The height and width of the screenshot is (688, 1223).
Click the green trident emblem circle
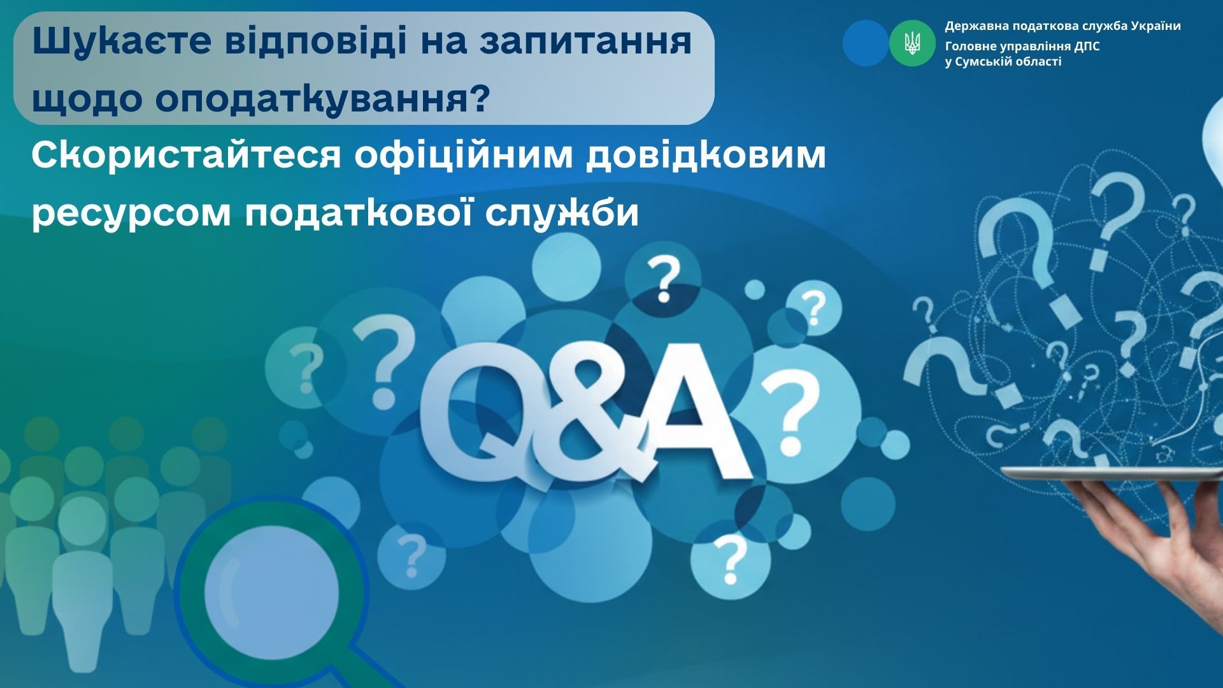912,43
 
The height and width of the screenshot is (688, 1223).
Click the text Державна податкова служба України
1062,26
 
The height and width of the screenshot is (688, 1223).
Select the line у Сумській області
1003,62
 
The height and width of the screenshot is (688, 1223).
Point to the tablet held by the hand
1112,473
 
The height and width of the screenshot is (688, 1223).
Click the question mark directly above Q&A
662,279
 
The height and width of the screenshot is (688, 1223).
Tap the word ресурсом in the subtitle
131,212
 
